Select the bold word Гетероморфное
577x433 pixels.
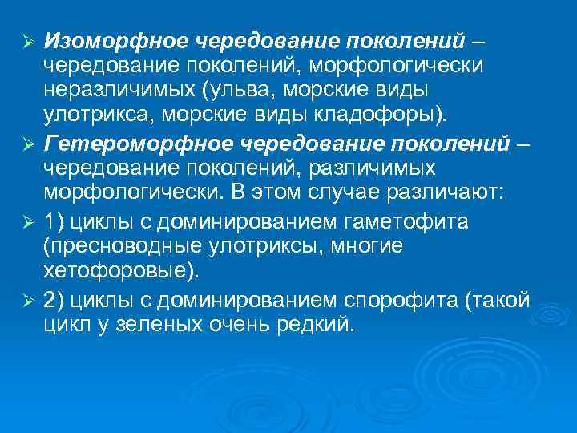click(127, 144)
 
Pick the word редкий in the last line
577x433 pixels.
click(316, 324)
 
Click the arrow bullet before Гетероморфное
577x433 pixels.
click(27, 145)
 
